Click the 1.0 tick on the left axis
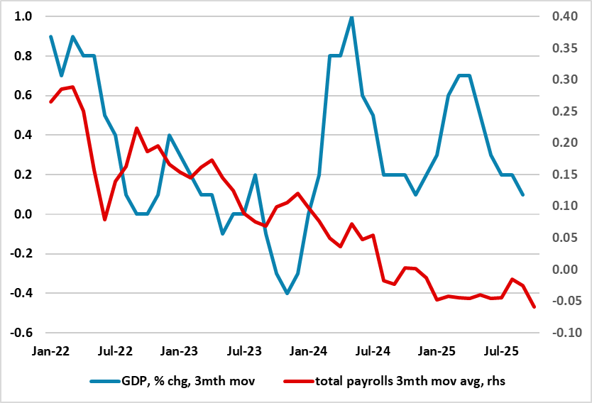pos(24,16)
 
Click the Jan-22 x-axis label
pos(50,350)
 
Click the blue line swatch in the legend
pos(107,382)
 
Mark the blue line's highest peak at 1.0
pos(351,17)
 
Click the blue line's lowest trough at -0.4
pos(287,293)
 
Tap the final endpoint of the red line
pos(534,307)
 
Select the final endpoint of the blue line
pos(523,194)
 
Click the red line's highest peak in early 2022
pos(72,87)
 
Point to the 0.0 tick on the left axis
pos(24,214)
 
